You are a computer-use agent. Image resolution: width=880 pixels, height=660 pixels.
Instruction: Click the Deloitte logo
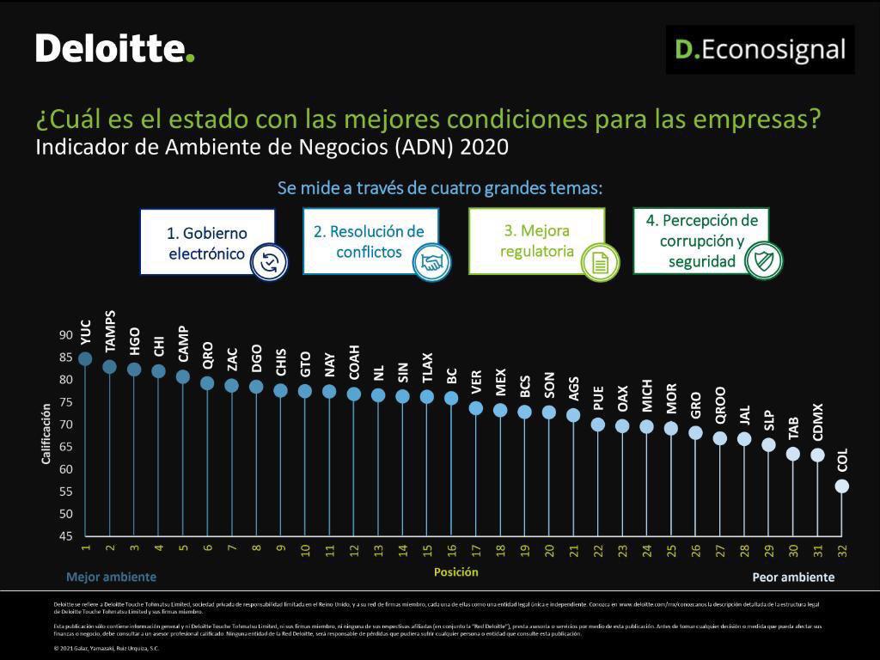coord(115,48)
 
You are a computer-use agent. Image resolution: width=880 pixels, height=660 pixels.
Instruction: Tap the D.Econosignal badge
coord(760,50)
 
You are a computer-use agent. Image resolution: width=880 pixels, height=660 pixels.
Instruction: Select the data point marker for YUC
coord(85,358)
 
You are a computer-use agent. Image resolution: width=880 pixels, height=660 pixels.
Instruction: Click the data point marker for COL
coord(842,486)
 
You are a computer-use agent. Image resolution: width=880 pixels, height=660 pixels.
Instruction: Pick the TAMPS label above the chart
coord(110,331)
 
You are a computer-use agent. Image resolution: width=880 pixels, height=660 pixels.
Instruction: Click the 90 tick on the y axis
coord(66,335)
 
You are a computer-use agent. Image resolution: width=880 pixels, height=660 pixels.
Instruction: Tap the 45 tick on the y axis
coord(66,537)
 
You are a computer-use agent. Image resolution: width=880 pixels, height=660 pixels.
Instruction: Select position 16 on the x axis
coord(452,548)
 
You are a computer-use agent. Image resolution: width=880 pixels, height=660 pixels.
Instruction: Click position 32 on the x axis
coord(842,548)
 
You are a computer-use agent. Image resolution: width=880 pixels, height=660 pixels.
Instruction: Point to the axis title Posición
coord(455,572)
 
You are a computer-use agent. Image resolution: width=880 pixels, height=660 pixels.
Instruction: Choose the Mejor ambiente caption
coord(111,577)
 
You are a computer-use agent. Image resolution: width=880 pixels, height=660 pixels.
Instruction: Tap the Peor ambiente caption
coord(793,577)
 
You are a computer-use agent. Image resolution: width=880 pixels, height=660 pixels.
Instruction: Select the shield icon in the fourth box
coord(763,261)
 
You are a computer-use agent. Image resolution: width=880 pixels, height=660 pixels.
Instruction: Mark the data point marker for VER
coord(475,408)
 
